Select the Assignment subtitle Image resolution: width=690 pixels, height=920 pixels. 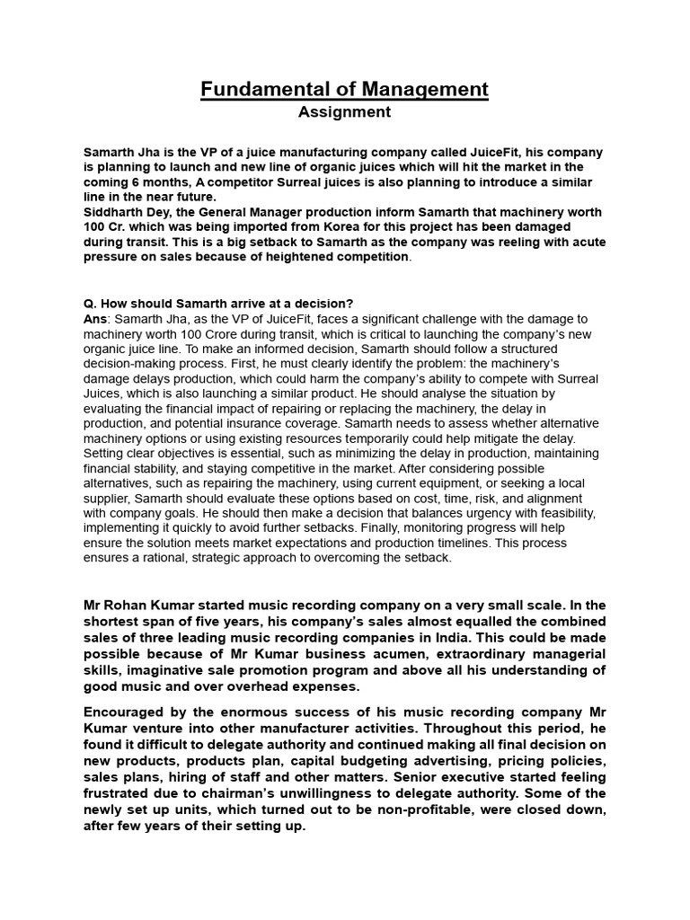click(x=344, y=112)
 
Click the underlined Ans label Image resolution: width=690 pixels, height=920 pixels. click(x=95, y=318)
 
